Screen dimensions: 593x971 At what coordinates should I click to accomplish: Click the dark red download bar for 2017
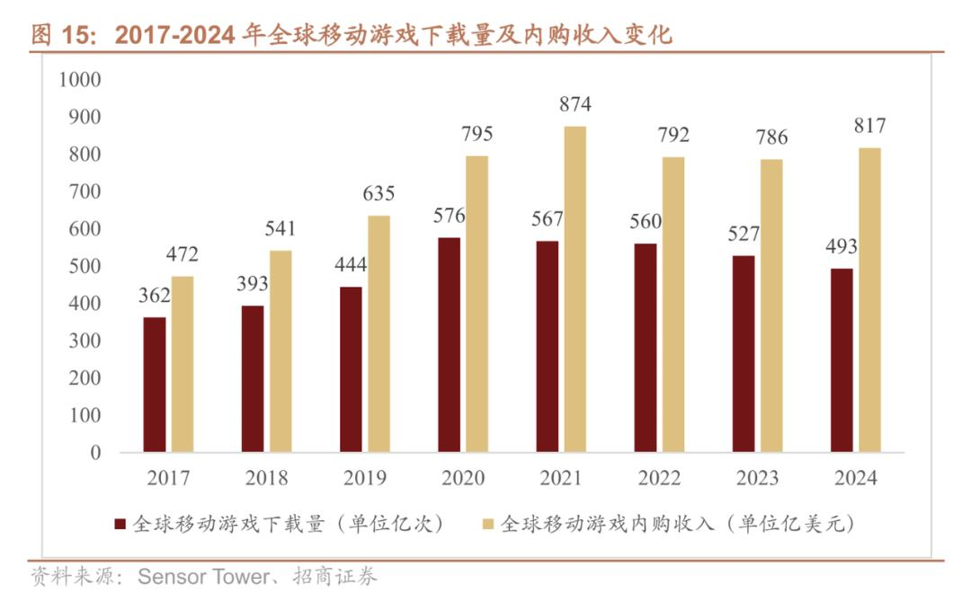pyautogui.click(x=155, y=385)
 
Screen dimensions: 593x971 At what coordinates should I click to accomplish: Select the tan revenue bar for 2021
pyautogui.click(x=575, y=289)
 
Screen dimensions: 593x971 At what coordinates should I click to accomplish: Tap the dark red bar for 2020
pyautogui.click(x=449, y=345)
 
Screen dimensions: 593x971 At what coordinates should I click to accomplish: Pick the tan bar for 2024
pyautogui.click(x=869, y=300)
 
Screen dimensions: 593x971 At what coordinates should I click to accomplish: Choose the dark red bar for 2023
pyautogui.click(x=744, y=354)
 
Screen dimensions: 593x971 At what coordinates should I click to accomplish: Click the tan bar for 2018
pyautogui.click(x=281, y=351)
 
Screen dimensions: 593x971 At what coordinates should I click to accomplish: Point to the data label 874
pyautogui.click(x=575, y=104)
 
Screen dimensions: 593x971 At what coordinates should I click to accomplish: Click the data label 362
pyautogui.click(x=155, y=295)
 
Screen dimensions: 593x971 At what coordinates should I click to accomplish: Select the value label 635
pyautogui.click(x=379, y=193)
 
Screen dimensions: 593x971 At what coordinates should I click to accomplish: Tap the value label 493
pyautogui.click(x=842, y=246)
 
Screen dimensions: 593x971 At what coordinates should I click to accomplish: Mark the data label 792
pyautogui.click(x=673, y=135)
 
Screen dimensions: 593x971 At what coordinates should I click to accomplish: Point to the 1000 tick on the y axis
pyautogui.click(x=80, y=79)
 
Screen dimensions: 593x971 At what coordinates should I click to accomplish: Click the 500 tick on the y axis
pyautogui.click(x=84, y=266)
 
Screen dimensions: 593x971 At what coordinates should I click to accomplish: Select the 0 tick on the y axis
pyautogui.click(x=95, y=453)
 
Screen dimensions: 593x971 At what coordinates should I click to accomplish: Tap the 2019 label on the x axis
pyautogui.click(x=364, y=479)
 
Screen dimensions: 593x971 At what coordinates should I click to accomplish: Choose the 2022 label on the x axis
pyautogui.click(x=659, y=479)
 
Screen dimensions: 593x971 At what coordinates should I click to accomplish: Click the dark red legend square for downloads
pyautogui.click(x=119, y=524)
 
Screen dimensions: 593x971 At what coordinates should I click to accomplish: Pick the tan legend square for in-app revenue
pyautogui.click(x=487, y=524)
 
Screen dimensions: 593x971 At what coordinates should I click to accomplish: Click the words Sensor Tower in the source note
pyautogui.click(x=203, y=577)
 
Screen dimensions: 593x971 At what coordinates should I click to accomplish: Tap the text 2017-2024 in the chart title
pyautogui.click(x=175, y=35)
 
